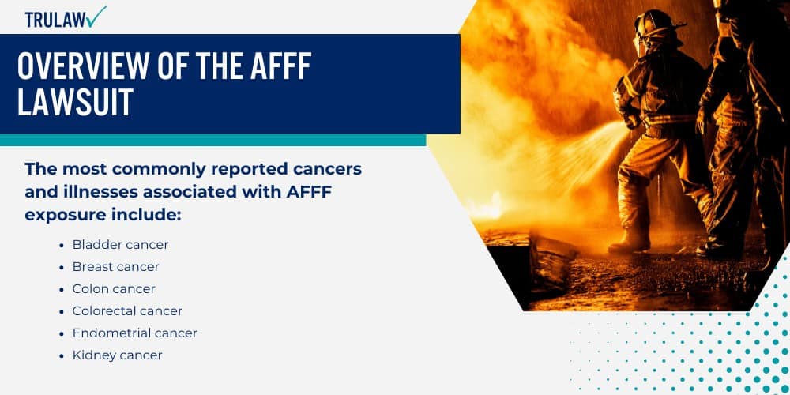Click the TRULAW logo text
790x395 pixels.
point(55,20)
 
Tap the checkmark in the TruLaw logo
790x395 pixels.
point(97,15)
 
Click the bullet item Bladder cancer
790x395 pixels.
point(120,245)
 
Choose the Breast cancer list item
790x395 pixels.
point(115,267)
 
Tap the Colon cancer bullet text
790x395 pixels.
point(114,289)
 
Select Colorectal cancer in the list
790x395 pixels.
point(127,311)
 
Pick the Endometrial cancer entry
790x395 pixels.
point(134,333)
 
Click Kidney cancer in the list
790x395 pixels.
point(117,355)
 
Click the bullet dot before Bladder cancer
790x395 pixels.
point(62,245)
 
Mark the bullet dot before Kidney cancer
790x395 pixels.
point(62,355)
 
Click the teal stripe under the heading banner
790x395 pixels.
point(213,140)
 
